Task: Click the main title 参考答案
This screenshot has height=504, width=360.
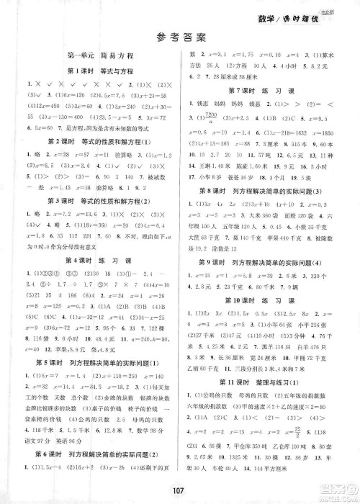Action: point(180,38)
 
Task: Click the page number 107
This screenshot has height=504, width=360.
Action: point(180,491)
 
